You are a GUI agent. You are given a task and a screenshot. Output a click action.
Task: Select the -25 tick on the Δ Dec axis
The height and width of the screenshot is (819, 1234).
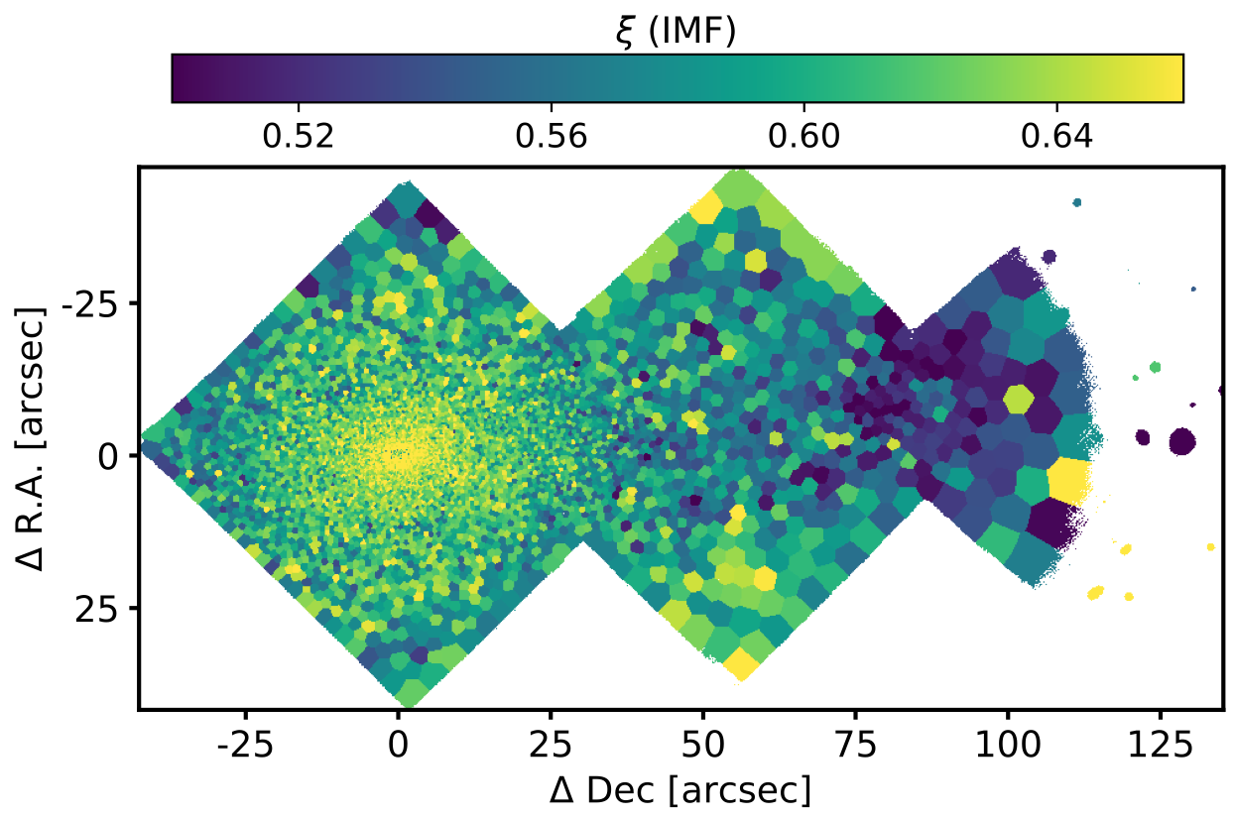click(245, 740)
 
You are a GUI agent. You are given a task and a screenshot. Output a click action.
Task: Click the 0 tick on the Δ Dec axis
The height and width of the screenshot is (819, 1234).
click(398, 740)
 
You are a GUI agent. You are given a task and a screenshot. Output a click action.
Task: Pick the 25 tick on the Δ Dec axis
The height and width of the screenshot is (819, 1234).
click(550, 740)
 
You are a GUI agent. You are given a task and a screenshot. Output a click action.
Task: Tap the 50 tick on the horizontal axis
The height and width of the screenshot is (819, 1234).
click(702, 740)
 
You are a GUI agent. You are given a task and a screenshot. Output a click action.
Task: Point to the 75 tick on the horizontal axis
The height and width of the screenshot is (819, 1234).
click(855, 740)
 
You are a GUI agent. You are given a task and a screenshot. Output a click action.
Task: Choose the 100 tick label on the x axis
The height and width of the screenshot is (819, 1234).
click(1008, 740)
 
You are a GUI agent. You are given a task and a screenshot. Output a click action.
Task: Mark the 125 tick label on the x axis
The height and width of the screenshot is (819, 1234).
click(1160, 740)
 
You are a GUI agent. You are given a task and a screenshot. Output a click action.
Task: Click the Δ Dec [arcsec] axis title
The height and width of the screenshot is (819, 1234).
click(681, 789)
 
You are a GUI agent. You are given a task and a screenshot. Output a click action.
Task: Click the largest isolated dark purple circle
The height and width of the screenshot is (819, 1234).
click(1181, 440)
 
